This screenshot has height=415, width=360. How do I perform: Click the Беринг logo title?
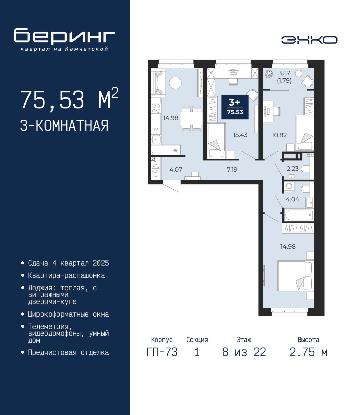click(64, 36)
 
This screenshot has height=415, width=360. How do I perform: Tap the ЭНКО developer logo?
click(309, 40)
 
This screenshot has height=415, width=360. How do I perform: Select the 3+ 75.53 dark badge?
click(235, 107)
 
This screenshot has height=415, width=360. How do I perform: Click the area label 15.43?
click(240, 135)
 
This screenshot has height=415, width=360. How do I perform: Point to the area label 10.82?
click(279, 135)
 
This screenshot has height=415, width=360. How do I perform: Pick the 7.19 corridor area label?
click(232, 169)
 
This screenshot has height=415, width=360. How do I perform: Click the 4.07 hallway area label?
click(176, 169)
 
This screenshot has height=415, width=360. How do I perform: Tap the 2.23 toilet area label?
click(292, 169)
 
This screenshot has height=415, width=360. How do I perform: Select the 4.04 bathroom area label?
click(292, 199)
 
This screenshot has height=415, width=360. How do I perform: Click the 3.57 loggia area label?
click(284, 73)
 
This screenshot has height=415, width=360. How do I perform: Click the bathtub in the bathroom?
click(298, 215)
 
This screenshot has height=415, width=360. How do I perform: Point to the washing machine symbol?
click(289, 186)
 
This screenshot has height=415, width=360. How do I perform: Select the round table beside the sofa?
click(175, 83)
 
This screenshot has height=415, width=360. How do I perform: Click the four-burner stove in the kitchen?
click(156, 108)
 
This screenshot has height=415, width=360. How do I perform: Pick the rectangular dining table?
click(191, 118)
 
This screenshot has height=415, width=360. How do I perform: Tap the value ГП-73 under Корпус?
click(162, 352)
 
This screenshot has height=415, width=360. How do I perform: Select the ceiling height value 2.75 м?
click(309, 352)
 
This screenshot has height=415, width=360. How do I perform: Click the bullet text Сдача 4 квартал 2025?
click(68, 263)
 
